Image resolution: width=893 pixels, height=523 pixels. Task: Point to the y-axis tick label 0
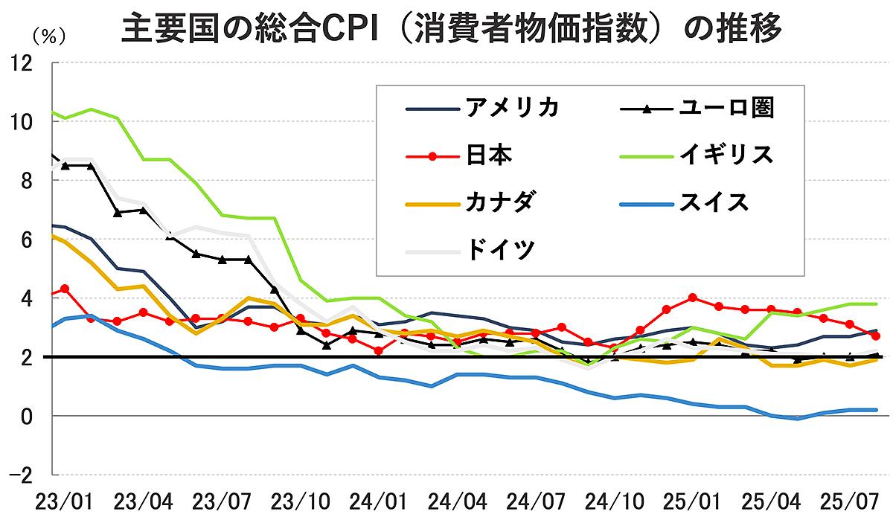pos(27,416)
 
